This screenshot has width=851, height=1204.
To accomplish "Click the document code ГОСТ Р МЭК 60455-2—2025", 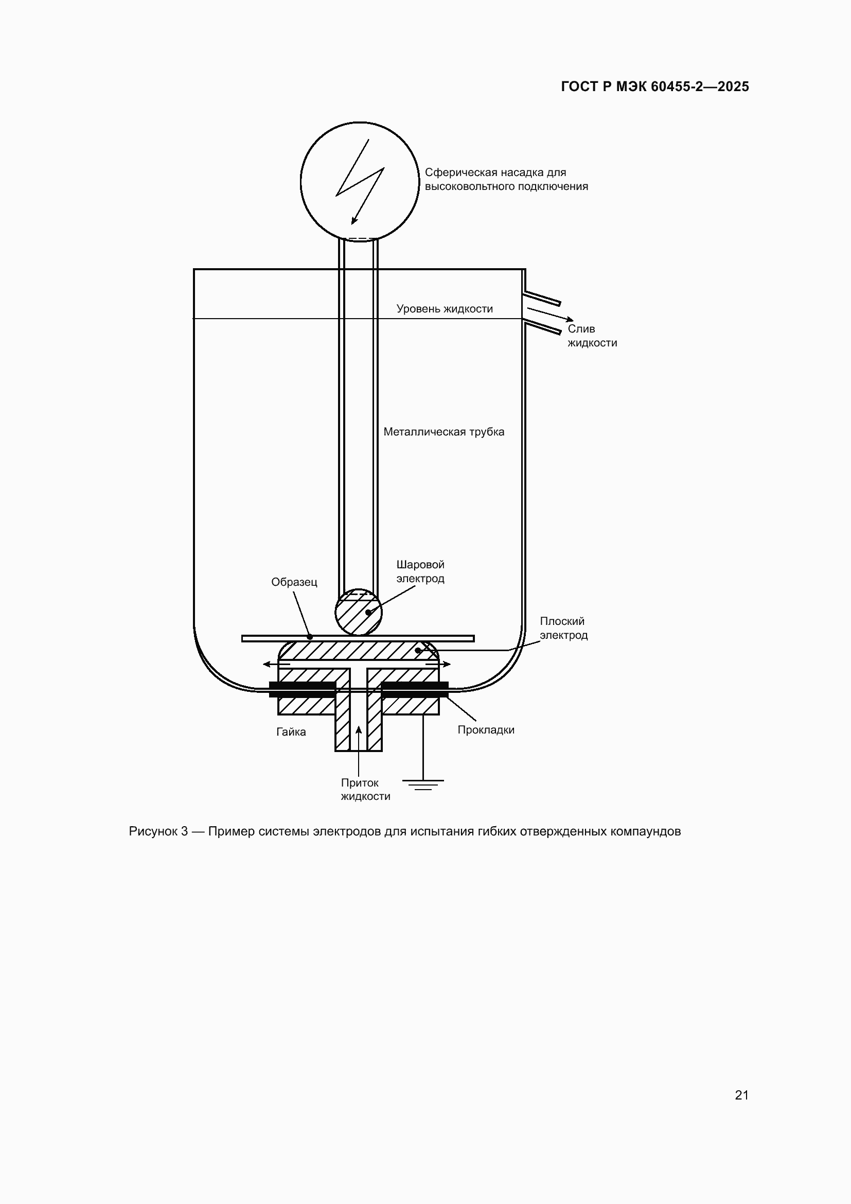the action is point(654,86).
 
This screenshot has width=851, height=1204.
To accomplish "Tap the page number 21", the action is point(741,1095).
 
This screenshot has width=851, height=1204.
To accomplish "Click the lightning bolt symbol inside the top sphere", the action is point(360,181).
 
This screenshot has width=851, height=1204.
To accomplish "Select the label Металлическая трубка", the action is point(444,431).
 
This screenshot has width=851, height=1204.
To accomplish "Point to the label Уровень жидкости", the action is point(445,309).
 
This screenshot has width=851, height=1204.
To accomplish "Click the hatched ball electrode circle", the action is point(359,612).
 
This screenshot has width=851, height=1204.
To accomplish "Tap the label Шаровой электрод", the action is point(420,571).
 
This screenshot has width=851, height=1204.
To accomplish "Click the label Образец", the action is point(294,582).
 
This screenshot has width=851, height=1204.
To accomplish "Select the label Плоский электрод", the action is point(564,628).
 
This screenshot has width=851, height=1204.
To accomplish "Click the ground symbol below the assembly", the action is point(423,785).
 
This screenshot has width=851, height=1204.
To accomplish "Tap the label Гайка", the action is point(291,732).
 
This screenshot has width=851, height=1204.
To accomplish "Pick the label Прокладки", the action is point(486,730).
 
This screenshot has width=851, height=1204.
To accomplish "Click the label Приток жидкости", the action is point(365,790).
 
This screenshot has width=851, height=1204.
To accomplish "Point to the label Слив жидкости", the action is point(592,336).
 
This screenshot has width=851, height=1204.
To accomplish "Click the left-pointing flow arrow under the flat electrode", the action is point(277,665).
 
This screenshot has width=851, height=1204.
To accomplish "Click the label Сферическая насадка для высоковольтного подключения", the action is point(506,179).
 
